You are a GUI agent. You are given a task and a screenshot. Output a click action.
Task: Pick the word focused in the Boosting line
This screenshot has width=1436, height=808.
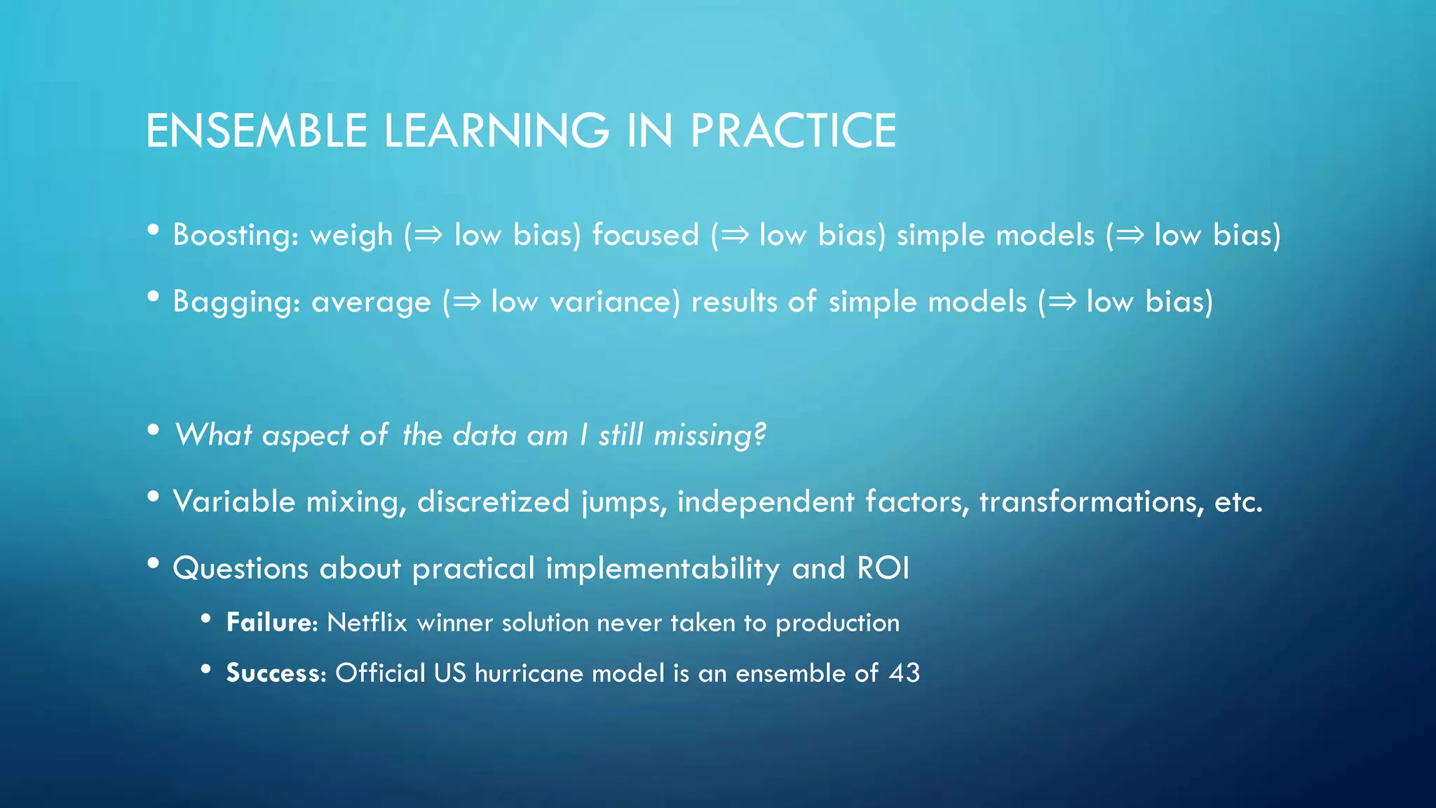(x=646, y=235)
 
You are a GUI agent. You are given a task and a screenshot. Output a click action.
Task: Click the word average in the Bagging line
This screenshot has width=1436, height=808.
(x=371, y=302)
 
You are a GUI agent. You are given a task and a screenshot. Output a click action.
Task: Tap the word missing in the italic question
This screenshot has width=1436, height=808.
(x=710, y=436)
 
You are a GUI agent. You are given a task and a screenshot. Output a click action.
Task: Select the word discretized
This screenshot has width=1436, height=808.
(x=494, y=502)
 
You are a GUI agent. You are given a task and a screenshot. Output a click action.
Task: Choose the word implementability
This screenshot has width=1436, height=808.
(x=663, y=569)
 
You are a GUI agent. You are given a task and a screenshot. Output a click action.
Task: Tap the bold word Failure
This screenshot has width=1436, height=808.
(x=271, y=623)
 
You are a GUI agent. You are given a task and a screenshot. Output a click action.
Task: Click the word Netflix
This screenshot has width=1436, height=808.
(x=367, y=623)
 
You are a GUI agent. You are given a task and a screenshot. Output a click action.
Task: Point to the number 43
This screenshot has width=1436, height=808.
(x=904, y=673)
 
